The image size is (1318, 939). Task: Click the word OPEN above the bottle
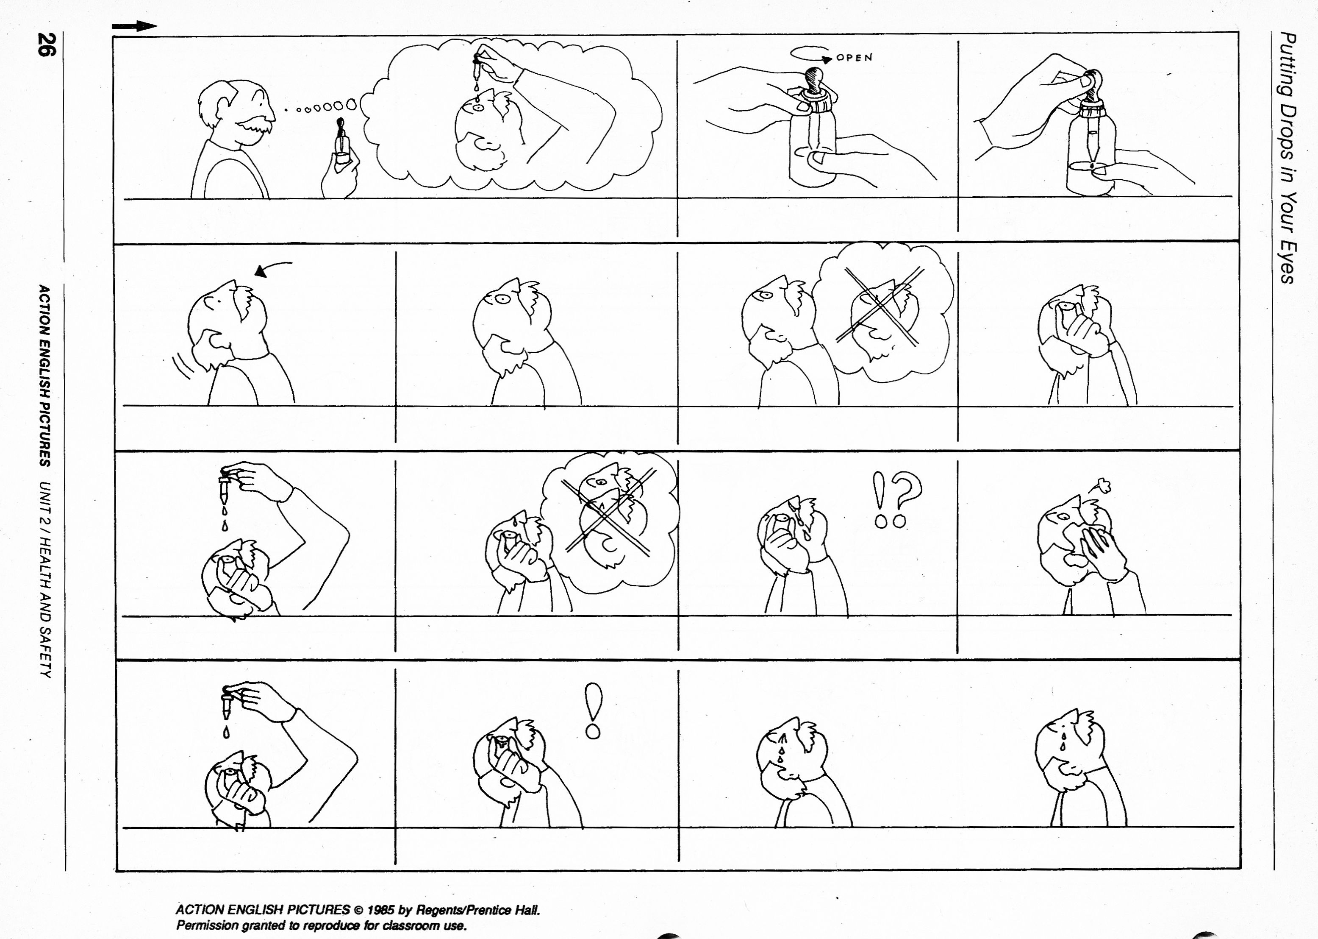coord(855,58)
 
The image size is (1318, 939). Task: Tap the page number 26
coord(46,45)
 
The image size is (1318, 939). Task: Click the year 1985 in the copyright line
coord(383,909)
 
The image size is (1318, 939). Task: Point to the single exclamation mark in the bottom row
coord(593,711)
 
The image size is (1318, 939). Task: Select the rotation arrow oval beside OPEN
coord(810,53)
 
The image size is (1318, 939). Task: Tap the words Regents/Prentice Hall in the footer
coord(478,909)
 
